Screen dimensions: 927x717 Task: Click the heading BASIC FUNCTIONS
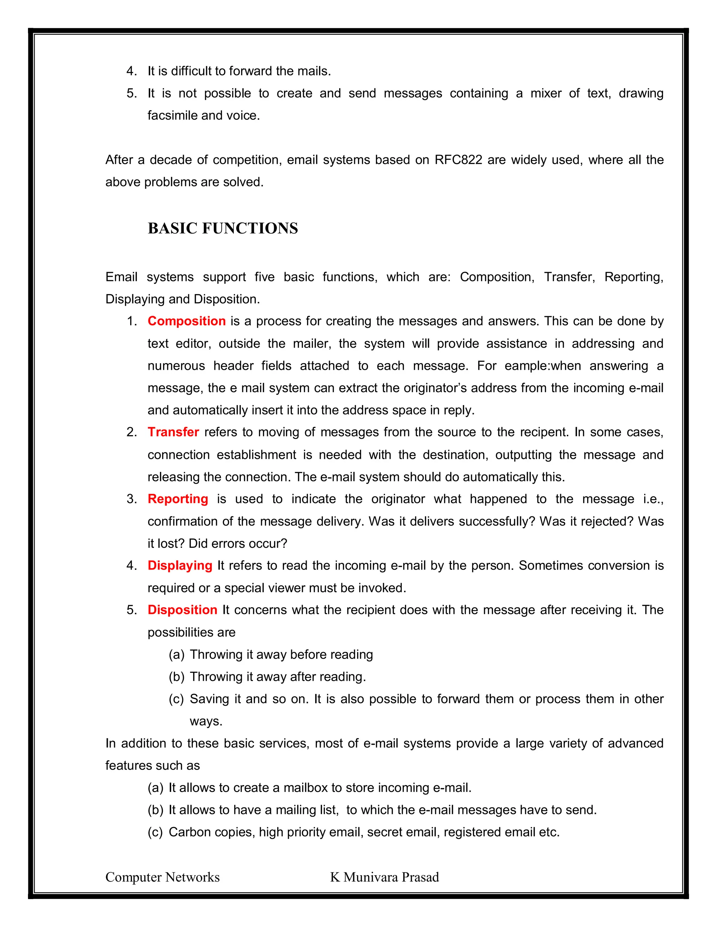pyautogui.click(x=223, y=228)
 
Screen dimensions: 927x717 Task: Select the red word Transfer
pyautogui.click(x=173, y=432)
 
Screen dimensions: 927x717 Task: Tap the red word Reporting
pyautogui.click(x=177, y=499)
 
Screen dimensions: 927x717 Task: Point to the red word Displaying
pyautogui.click(x=180, y=565)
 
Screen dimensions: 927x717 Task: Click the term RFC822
pyautogui.click(x=458, y=160)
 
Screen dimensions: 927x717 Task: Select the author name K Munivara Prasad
pyautogui.click(x=384, y=877)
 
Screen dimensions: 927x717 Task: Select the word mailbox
pyautogui.click(x=305, y=788)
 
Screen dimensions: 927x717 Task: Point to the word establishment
pyautogui.click(x=257, y=455)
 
